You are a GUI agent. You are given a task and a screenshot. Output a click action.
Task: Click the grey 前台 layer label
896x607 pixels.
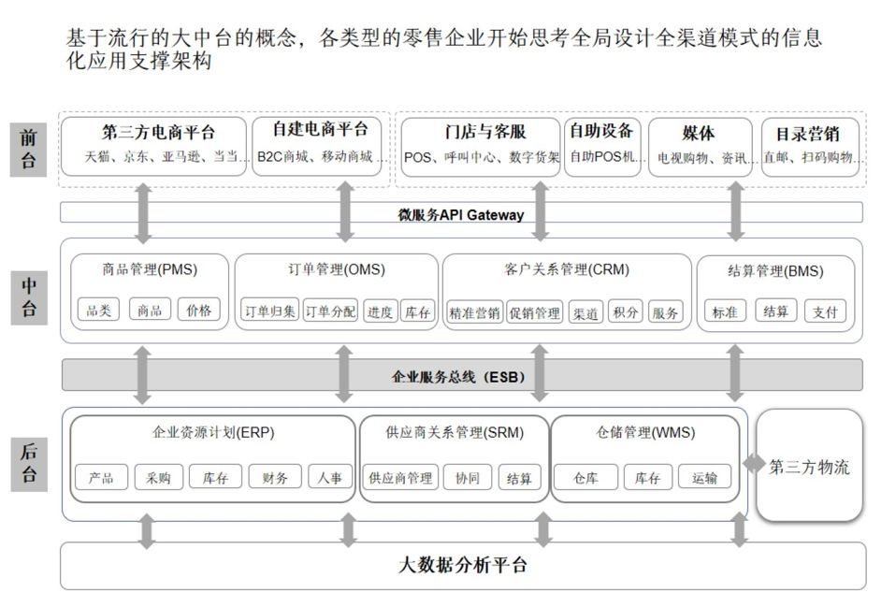[x=29, y=149]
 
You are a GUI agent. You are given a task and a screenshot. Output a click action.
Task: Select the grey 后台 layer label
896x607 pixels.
[x=29, y=463]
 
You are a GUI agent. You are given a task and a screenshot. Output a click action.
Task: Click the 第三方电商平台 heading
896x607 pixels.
[x=158, y=133]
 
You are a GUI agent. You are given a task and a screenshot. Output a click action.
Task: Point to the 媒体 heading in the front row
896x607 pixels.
[x=699, y=133]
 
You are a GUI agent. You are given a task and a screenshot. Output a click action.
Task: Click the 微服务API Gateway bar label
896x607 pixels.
[x=462, y=214]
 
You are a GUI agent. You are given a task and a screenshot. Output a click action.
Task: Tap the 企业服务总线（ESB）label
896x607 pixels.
[x=462, y=377]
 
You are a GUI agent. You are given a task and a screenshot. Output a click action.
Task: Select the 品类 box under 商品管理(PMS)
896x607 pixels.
[x=98, y=311]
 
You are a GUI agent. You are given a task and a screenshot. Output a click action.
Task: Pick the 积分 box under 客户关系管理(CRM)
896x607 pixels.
[x=626, y=312]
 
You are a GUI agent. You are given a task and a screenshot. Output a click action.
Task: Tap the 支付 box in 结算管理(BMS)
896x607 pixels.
[x=824, y=311]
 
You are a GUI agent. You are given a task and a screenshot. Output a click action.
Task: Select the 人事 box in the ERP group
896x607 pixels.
[x=330, y=478]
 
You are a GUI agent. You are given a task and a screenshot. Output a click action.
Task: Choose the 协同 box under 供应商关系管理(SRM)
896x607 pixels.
[x=467, y=478]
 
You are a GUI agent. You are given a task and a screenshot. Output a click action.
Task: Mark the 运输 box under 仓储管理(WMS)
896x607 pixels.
[x=704, y=478]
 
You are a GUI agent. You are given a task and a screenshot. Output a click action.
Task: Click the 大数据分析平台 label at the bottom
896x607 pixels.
[x=462, y=565]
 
